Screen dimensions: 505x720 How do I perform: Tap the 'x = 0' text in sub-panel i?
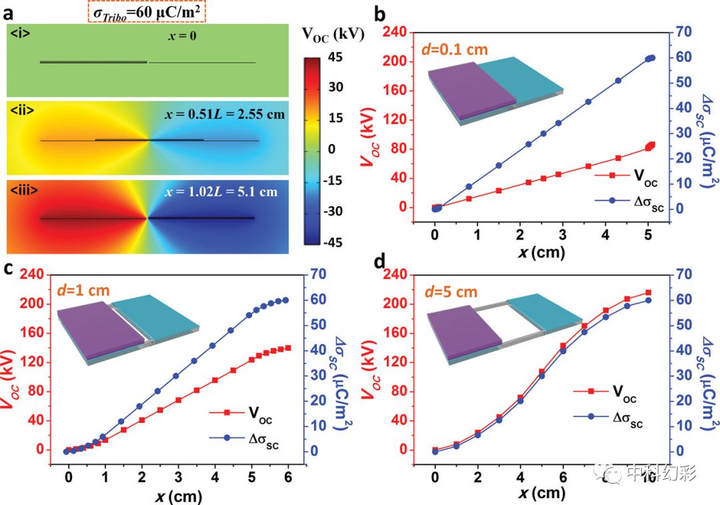[182, 37]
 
